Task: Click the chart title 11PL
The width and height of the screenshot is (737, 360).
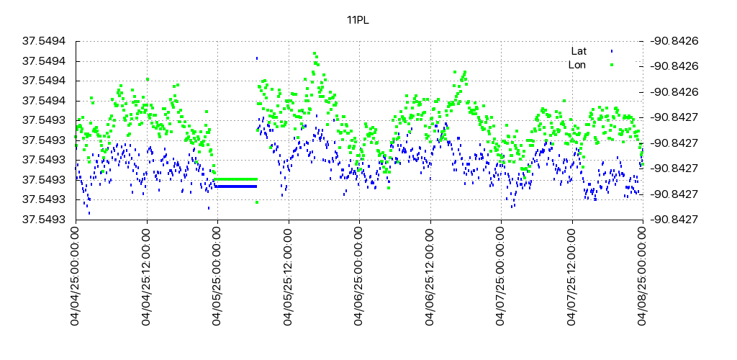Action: [x=358, y=20]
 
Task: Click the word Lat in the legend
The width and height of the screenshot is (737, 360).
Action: [x=579, y=51]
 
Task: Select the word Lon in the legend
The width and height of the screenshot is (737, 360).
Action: [x=577, y=65]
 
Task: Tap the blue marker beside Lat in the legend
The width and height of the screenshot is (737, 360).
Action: [x=612, y=51]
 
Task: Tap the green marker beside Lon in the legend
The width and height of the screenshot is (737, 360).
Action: [x=612, y=65]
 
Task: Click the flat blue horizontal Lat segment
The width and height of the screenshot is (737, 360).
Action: [x=235, y=186]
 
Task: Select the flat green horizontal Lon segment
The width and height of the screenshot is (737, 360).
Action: [x=235, y=179]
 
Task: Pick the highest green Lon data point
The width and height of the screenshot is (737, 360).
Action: [x=315, y=53]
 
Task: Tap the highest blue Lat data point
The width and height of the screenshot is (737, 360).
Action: [x=257, y=58]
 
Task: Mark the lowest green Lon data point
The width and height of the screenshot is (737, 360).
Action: [x=257, y=202]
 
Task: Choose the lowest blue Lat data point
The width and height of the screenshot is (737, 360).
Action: [x=89, y=213]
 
